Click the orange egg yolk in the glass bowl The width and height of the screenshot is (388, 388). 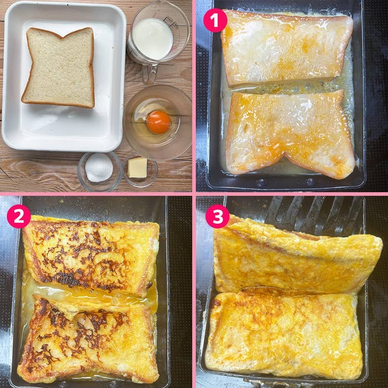tap(159, 122)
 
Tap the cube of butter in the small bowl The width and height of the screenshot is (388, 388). tap(137, 167)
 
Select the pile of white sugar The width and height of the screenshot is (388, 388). tap(99, 167)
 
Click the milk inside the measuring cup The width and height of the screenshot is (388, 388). tap(152, 39)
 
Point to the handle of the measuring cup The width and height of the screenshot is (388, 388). tap(150, 74)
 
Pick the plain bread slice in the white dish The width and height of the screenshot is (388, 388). tap(59, 68)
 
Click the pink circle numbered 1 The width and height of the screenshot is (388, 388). tap(215, 21)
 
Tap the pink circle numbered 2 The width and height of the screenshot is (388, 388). tap(19, 216)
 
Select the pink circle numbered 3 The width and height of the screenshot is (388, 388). tap(217, 216)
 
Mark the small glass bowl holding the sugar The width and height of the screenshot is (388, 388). tap(100, 171)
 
